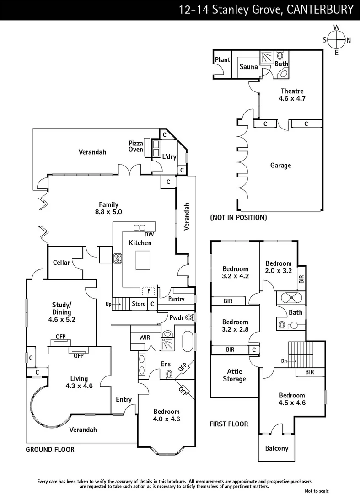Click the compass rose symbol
[x=337, y=40]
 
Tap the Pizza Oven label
[x=135, y=146]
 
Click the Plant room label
[x=223, y=60]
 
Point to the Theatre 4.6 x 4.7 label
[x=292, y=95]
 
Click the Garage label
[x=280, y=166]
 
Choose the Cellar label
[x=62, y=263]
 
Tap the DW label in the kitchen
[x=136, y=235]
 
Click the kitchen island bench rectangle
[x=144, y=261]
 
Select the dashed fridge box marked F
[x=148, y=290]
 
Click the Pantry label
[x=176, y=299]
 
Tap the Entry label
[x=124, y=399]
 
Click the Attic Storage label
[x=234, y=376]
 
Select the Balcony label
[x=277, y=448]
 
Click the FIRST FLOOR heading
[x=229, y=424]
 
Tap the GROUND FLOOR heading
[x=50, y=450]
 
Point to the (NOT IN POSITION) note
[x=238, y=218]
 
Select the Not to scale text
[x=317, y=490]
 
